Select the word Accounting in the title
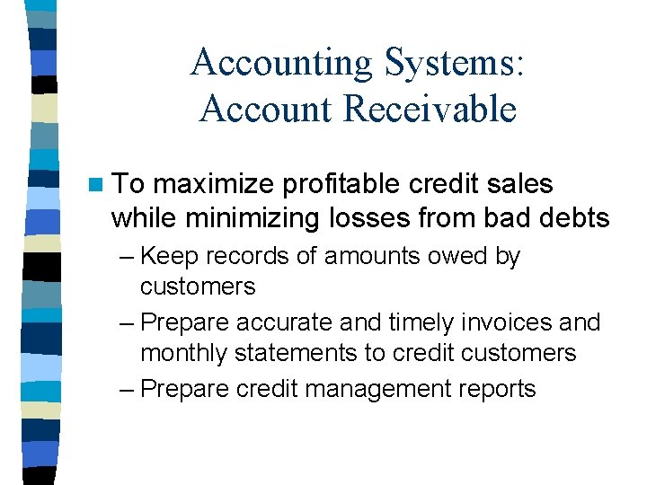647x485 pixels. [x=281, y=63]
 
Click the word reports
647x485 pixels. [x=498, y=389]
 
